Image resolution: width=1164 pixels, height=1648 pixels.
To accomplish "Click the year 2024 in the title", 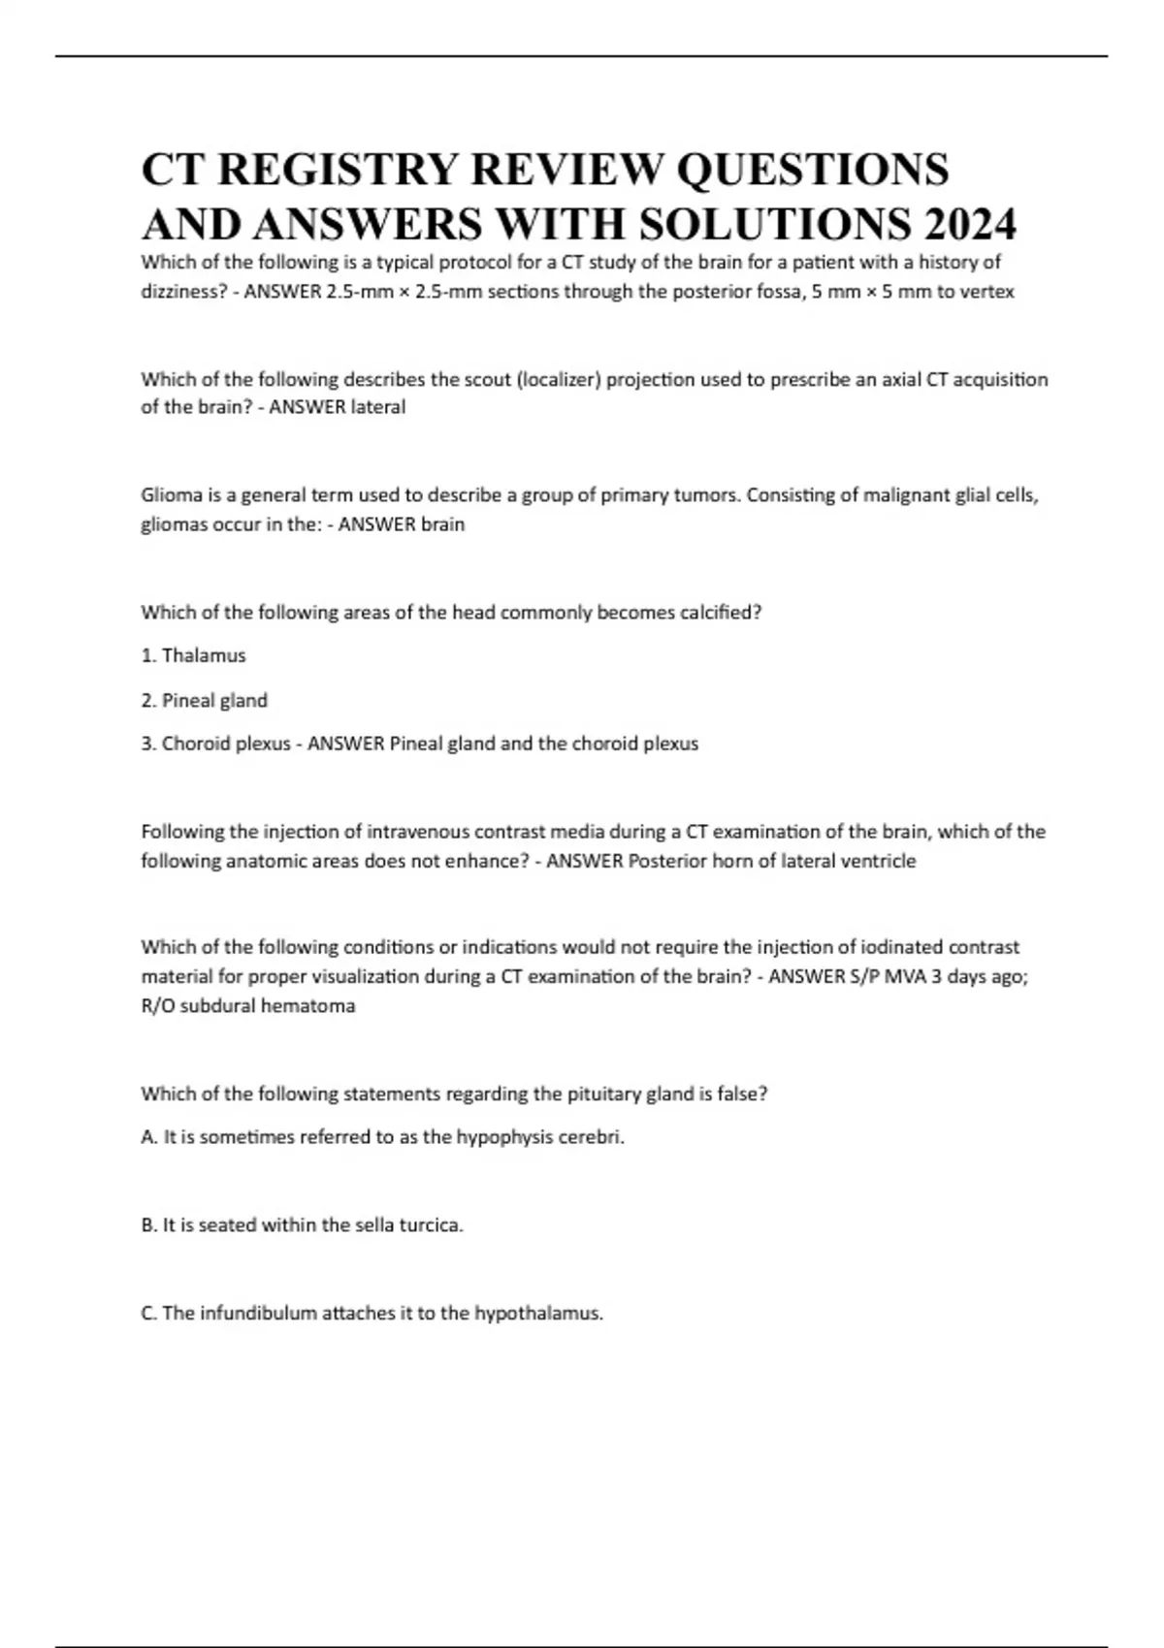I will pos(970,225).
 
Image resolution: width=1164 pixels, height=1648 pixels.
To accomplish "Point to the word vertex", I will pos(987,292).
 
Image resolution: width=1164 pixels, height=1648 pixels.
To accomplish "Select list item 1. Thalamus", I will pos(194,656).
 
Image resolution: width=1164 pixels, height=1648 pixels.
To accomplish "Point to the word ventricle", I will pos(878,861).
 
